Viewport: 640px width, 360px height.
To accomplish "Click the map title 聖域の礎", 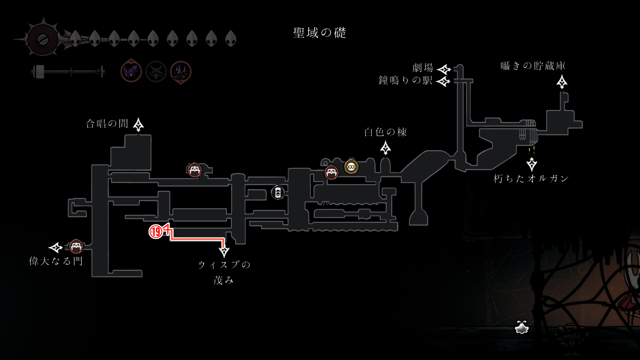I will (319, 33).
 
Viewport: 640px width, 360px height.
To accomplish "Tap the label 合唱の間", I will (107, 124).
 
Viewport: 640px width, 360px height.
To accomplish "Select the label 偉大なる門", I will (56, 261).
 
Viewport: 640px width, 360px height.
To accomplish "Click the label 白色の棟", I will (385, 132).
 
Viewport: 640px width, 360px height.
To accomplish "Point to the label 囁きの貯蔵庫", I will (533, 66).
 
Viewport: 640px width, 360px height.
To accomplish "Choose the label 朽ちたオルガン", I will (531, 179).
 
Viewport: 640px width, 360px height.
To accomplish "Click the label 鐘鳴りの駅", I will (405, 80).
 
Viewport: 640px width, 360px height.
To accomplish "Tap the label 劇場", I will (423, 68).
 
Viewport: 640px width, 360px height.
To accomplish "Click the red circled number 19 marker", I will (156, 231).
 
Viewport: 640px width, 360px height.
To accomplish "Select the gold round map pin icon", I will (351, 167).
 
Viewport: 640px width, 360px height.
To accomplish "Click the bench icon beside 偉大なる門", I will (76, 247).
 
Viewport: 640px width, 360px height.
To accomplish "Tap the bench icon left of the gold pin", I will (331, 173).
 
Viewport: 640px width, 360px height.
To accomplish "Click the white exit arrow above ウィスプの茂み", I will (224, 250).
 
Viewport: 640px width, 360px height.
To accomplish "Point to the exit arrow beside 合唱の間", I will (138, 125).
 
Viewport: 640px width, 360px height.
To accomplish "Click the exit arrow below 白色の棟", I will (386, 148).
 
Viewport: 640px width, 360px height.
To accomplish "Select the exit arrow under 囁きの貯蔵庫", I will (562, 82).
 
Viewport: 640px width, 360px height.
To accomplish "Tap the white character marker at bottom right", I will (522, 327).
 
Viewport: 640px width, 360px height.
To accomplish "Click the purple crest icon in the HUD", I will (131, 71).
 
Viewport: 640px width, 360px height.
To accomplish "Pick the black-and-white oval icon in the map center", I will (278, 193).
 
